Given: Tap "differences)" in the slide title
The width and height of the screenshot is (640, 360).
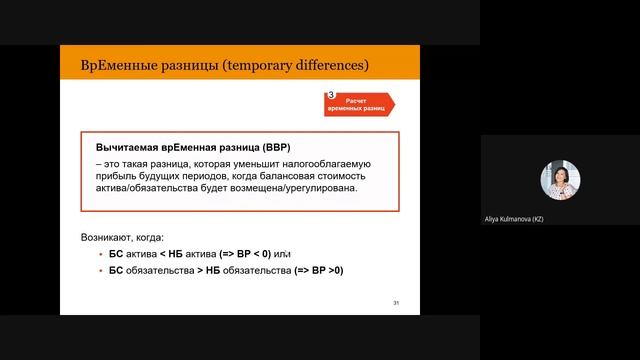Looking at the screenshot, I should pos(332,66).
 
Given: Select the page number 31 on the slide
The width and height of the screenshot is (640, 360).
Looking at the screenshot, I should pos(396,302).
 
